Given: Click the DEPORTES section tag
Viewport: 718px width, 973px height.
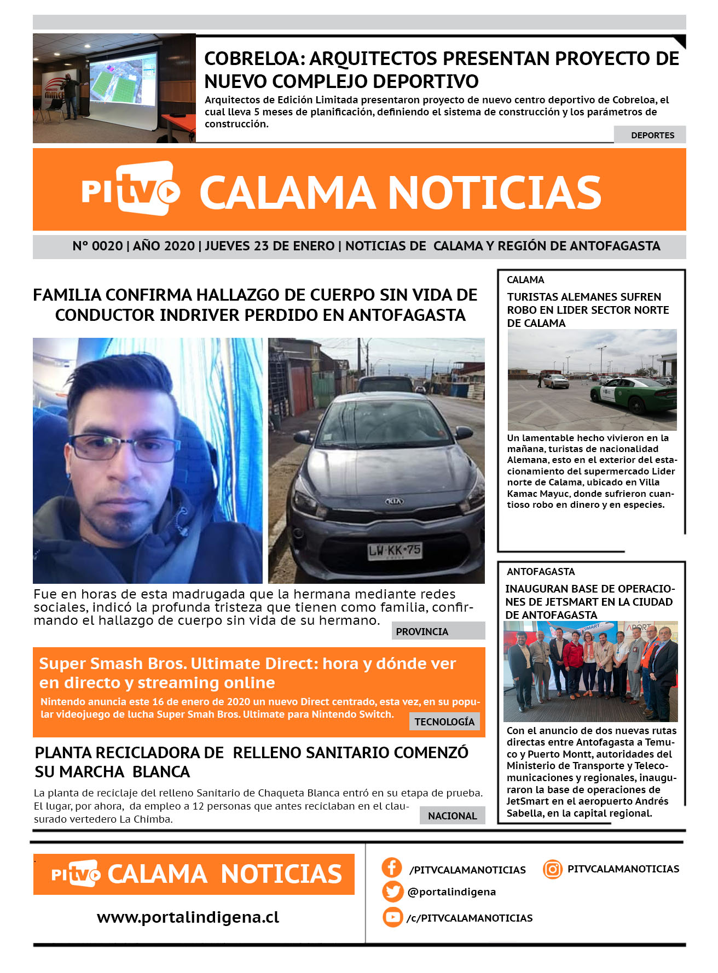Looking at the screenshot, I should [652, 135].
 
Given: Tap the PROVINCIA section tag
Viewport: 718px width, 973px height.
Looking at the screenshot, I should [422, 631].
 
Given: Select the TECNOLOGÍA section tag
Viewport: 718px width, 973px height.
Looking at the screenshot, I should [444, 722].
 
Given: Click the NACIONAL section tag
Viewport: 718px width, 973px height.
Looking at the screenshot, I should [452, 816].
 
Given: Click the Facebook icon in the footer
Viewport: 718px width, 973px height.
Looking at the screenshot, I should [392, 868].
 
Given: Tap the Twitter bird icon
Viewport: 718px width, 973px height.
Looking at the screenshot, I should [392, 892].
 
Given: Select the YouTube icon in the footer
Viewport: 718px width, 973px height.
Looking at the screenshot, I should [392, 917].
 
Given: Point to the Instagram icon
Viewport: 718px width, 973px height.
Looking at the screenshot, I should [553, 869].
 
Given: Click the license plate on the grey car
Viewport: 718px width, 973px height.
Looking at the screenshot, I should [395, 550].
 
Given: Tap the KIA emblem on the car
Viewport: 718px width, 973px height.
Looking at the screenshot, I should [393, 501].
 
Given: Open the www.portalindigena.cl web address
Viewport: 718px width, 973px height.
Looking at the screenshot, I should [188, 917].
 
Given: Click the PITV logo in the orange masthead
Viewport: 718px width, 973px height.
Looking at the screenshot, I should [131, 189].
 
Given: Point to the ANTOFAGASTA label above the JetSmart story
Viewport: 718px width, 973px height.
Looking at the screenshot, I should [541, 572].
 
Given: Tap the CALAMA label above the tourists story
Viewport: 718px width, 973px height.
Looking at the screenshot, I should [525, 280].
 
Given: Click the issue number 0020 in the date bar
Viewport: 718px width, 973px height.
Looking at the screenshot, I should [107, 246].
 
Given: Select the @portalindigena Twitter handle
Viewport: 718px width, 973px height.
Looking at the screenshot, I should [451, 892].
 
